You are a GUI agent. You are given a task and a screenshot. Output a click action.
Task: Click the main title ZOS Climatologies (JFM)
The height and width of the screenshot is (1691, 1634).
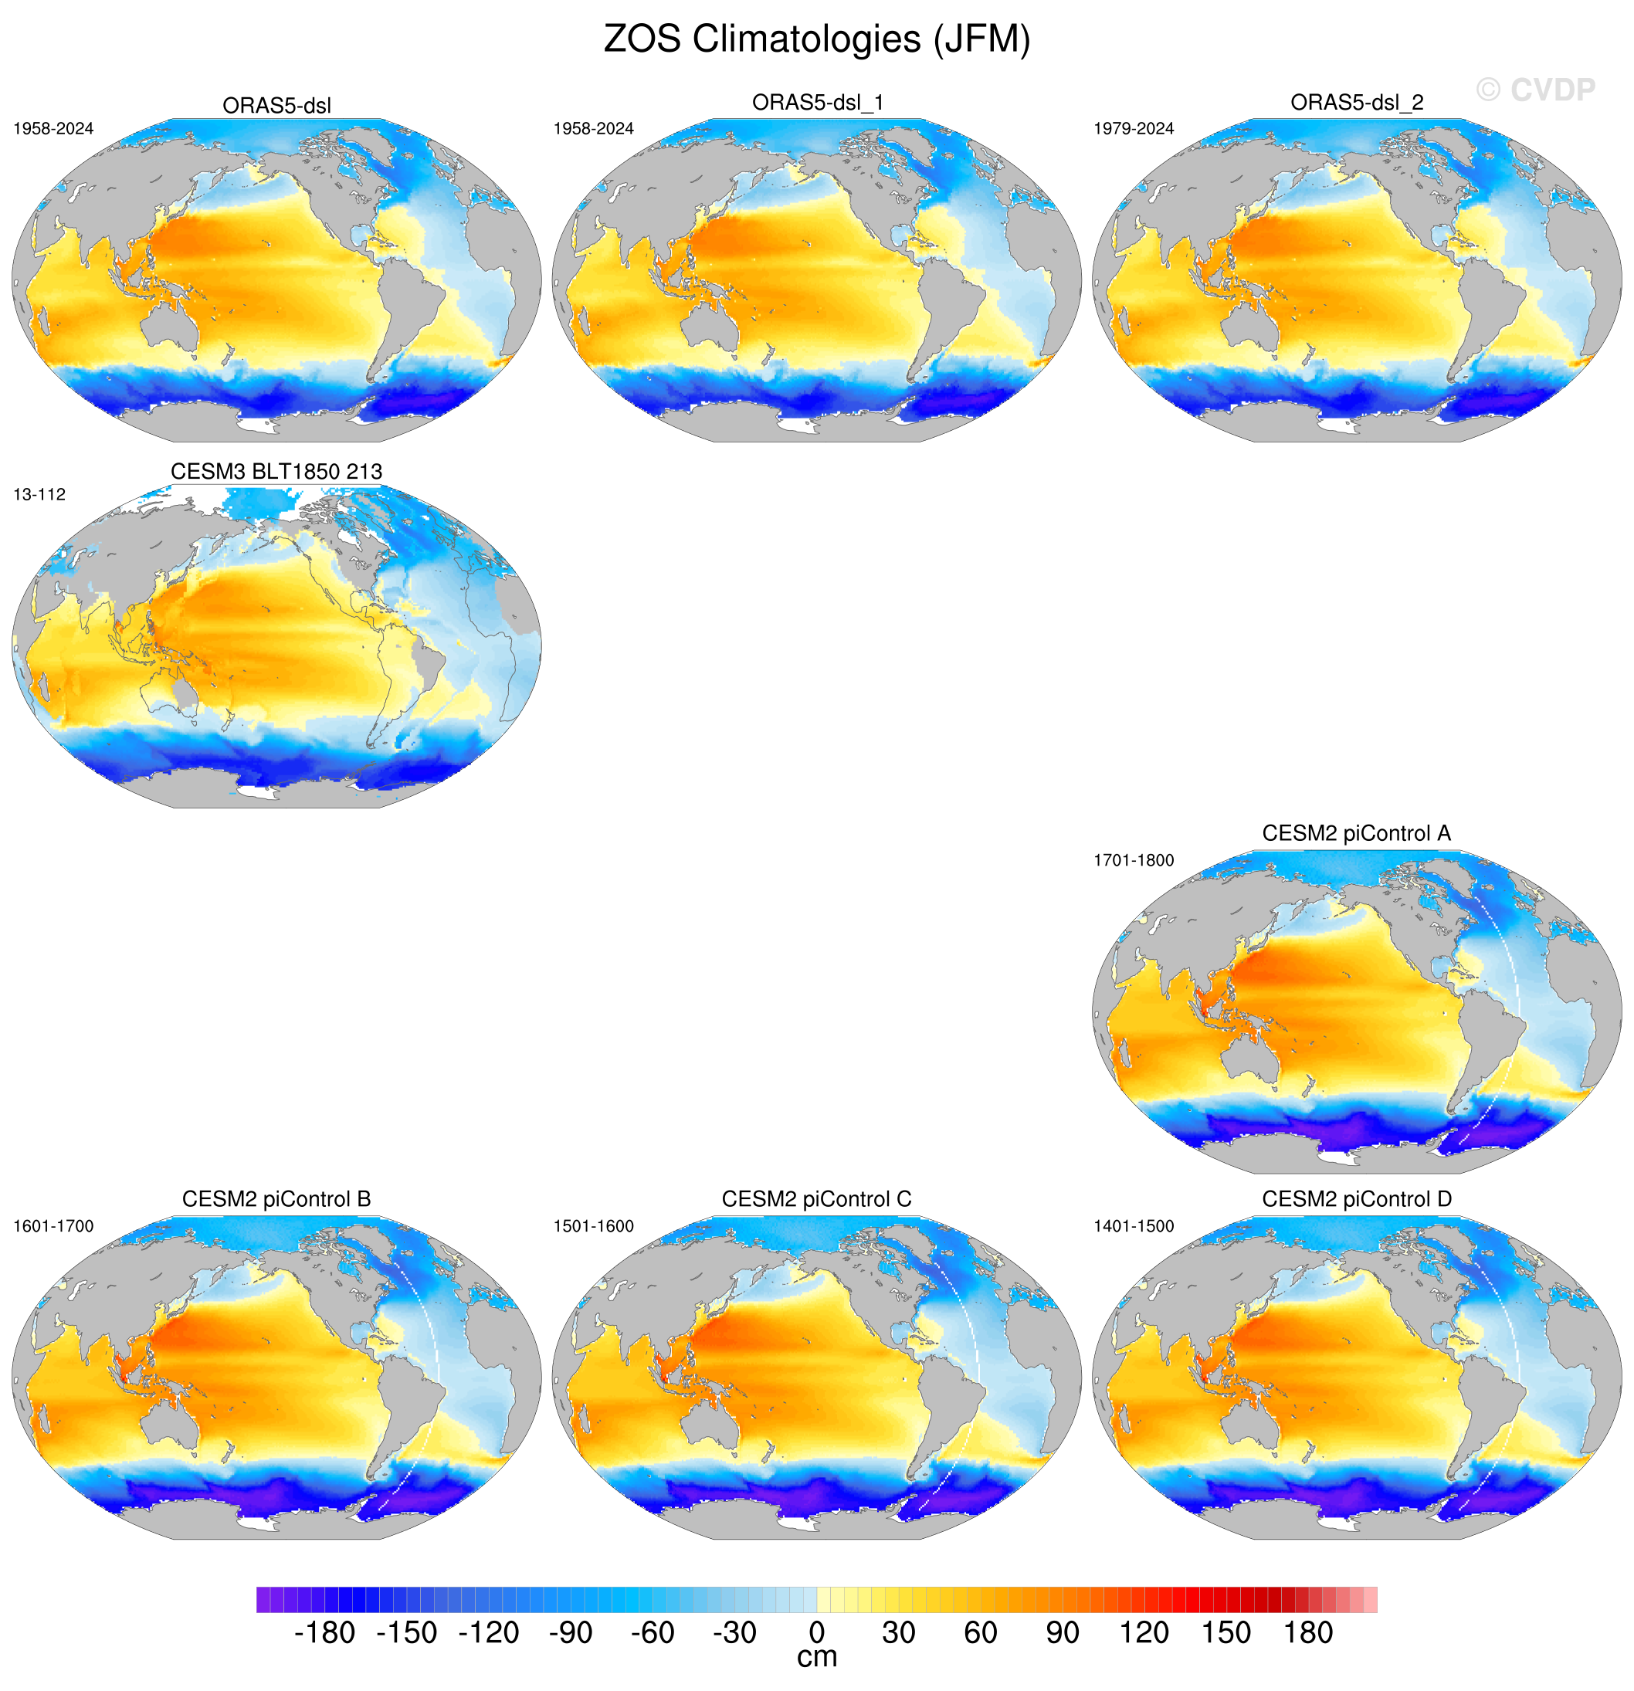click(816, 39)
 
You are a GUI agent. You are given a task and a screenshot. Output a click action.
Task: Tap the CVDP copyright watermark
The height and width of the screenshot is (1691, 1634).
click(1535, 90)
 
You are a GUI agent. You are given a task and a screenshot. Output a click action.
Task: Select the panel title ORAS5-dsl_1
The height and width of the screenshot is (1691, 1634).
click(817, 103)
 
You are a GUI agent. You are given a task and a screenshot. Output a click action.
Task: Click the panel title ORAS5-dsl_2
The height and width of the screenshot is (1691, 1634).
click(1356, 103)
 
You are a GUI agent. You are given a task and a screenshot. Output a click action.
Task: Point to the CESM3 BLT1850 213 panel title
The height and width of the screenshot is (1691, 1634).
click(276, 472)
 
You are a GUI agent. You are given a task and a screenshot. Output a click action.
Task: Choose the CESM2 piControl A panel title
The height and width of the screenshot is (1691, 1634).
click(1356, 833)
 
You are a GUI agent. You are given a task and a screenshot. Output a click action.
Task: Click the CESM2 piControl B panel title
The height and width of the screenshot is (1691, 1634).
click(276, 1199)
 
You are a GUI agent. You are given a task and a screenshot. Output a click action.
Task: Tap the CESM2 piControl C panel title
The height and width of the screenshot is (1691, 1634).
click(816, 1199)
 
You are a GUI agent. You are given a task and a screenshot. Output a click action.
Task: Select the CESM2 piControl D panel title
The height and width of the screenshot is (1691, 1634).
click(1356, 1199)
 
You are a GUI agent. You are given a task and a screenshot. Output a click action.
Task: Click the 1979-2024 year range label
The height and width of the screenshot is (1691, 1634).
click(1134, 128)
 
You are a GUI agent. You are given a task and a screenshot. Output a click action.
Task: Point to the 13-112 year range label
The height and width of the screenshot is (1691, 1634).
click(39, 494)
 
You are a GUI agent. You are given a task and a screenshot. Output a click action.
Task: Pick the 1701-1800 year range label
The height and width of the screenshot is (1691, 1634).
click(1134, 860)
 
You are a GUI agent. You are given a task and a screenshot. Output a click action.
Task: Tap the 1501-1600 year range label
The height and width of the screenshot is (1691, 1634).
click(594, 1226)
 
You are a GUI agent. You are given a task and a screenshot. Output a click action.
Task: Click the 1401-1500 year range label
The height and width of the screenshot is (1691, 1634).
click(1134, 1226)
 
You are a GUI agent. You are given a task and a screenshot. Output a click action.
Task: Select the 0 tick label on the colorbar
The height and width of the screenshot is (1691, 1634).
click(816, 1633)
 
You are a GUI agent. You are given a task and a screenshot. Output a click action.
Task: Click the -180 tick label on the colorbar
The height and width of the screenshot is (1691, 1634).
click(324, 1633)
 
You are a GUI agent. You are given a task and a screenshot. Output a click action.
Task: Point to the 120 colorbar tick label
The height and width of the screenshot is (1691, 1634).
click(1144, 1633)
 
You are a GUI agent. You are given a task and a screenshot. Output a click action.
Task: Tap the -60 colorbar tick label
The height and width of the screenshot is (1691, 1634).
click(653, 1633)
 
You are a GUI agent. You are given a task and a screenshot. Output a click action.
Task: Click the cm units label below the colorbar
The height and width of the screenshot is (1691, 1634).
click(816, 1657)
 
